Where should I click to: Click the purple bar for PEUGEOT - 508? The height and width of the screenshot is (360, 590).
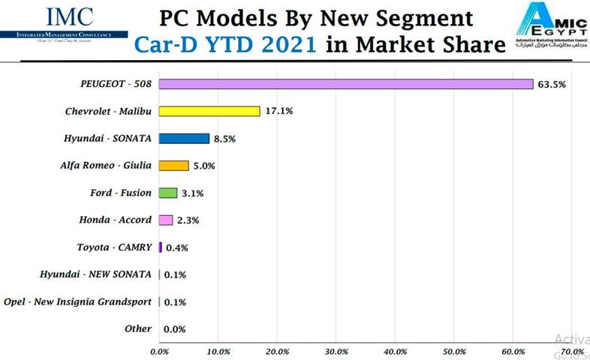(x=345, y=84)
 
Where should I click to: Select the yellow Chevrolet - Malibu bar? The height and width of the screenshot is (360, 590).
(x=209, y=111)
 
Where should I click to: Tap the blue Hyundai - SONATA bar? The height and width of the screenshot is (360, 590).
(x=184, y=138)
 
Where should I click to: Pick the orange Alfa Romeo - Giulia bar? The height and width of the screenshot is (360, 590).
(x=173, y=166)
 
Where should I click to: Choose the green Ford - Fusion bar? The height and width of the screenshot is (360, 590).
(x=168, y=193)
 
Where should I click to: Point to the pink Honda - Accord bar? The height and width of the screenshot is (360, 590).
(x=166, y=220)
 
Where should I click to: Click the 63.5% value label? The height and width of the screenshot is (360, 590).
(x=552, y=85)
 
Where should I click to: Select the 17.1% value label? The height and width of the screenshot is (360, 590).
(x=278, y=112)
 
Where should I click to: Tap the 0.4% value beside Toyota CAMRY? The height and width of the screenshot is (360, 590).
(x=176, y=247)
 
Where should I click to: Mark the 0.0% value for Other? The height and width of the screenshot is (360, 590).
(x=174, y=329)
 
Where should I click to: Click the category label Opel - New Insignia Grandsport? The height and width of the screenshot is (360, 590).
(x=77, y=301)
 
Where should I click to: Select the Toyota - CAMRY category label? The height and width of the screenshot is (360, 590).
(x=114, y=247)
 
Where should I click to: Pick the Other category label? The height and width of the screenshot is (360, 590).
(x=138, y=328)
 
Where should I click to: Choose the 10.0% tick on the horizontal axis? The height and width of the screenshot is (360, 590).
(x=218, y=350)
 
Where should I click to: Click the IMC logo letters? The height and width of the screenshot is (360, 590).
(x=70, y=16)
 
